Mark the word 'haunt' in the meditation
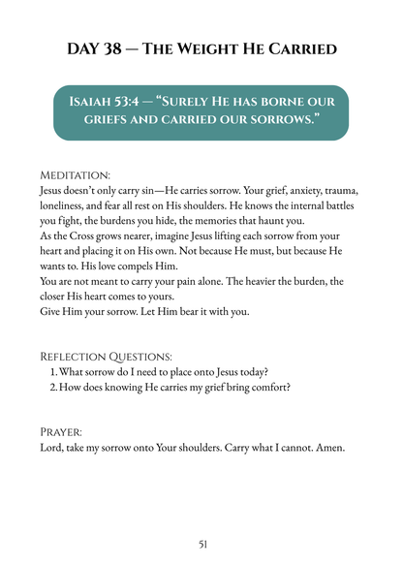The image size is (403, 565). click(x=256, y=221)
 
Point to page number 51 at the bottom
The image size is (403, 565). click(x=201, y=545)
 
